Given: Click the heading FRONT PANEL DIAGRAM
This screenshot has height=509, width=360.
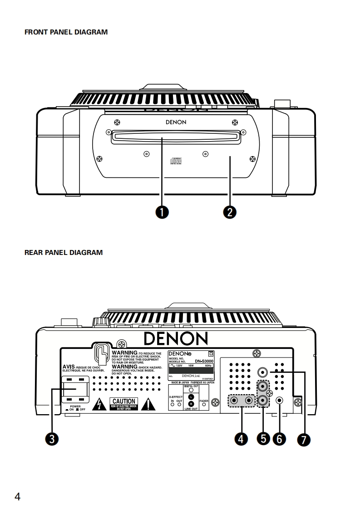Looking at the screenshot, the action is click(66, 32).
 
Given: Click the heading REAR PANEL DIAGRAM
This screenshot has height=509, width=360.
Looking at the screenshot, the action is click(64, 252).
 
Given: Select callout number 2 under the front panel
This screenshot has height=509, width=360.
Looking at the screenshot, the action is click(230, 211).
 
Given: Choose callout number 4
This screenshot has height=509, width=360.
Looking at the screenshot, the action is click(241, 439).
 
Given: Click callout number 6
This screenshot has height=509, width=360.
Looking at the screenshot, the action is click(279, 439).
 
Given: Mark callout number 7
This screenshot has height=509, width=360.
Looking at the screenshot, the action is click(304, 439).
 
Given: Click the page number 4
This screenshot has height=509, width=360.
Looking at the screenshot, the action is click(17, 496).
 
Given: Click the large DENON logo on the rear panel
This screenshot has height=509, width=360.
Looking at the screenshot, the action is click(176, 338).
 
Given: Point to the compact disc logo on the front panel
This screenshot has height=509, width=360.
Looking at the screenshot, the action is click(176, 161).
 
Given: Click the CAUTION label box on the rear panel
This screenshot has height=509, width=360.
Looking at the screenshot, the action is click(123, 403).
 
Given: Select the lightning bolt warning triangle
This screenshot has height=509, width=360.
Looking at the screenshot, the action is click(99, 404).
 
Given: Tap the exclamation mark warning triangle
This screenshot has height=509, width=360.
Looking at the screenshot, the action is click(148, 403).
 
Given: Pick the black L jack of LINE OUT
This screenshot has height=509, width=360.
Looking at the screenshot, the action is click(191, 396).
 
